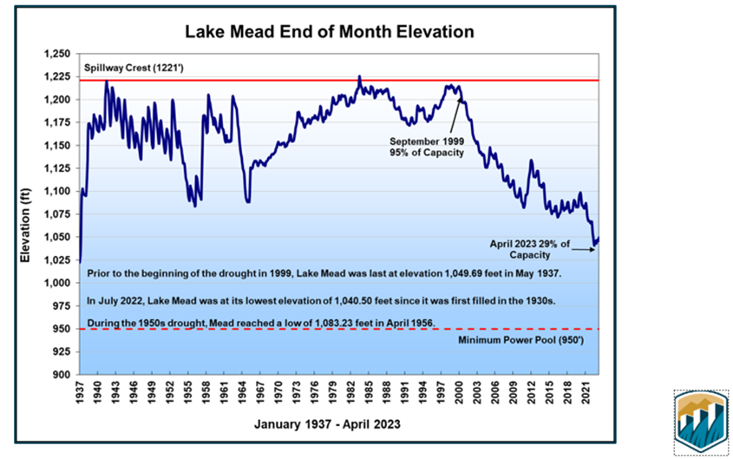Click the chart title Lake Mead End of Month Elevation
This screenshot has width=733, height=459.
[x=331, y=33]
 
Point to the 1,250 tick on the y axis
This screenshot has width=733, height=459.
[x=57, y=54]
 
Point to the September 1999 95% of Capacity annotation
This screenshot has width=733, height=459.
[x=426, y=147]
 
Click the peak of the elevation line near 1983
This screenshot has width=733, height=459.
[x=359, y=76]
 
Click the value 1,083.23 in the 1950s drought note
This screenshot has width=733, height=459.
[x=311, y=322]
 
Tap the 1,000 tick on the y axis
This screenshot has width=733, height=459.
[x=57, y=283]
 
